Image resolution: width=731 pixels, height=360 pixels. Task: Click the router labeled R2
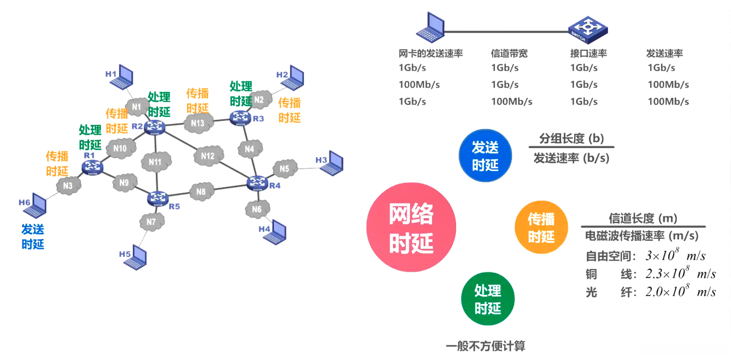[155, 127]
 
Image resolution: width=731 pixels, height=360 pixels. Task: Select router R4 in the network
[257, 183]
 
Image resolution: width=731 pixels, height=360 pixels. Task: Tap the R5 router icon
[158, 198]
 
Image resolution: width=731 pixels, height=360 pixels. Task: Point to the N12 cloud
[208, 156]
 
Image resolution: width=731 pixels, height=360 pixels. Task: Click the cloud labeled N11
[156, 161]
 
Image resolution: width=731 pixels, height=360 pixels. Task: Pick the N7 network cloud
[152, 222]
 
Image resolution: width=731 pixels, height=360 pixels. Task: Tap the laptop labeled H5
[136, 259]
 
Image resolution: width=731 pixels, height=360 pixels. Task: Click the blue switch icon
[587, 29]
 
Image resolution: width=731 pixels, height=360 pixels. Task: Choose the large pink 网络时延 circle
[411, 227]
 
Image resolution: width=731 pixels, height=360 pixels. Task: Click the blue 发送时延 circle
[485, 156]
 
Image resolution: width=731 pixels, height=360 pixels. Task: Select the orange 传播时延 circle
[541, 227]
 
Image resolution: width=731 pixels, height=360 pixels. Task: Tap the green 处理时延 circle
[487, 299]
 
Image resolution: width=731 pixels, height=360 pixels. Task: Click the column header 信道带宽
[509, 54]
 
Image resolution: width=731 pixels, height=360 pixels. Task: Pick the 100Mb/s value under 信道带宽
[511, 101]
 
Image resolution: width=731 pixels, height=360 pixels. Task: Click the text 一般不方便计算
[485, 346]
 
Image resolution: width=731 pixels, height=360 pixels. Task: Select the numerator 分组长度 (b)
[571, 138]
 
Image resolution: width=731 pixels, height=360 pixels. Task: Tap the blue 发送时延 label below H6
[33, 237]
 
